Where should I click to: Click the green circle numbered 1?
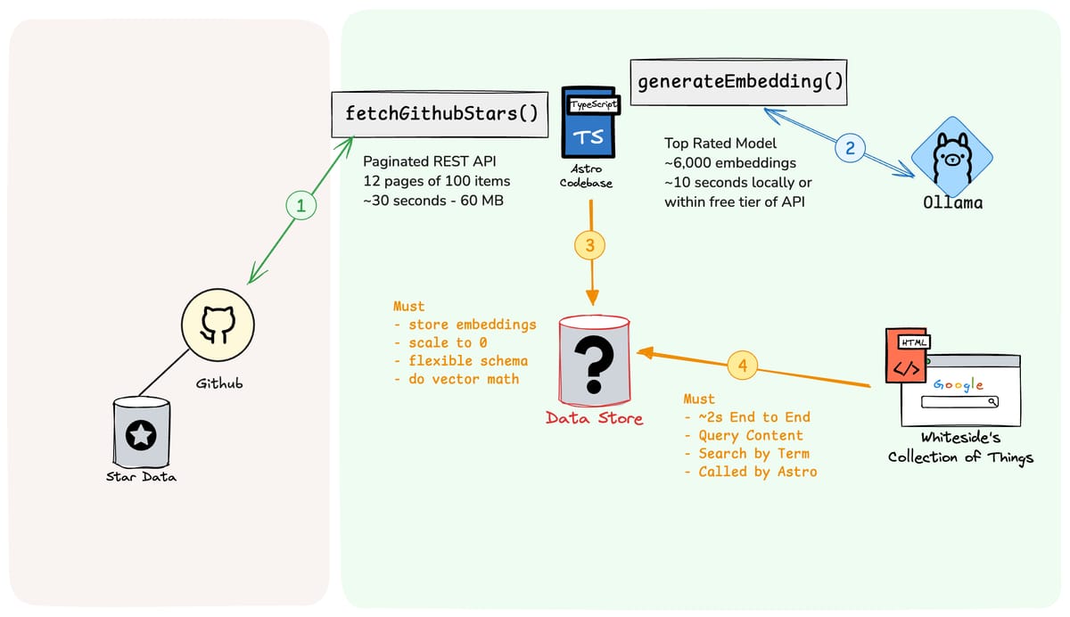[301, 205]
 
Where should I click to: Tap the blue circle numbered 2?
[850, 148]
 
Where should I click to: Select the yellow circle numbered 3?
[590, 245]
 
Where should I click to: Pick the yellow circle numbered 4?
[742, 366]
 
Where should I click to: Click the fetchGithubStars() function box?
[440, 115]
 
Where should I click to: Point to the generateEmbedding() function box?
[738, 82]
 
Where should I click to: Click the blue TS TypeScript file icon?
[590, 122]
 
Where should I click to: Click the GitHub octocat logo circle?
[218, 325]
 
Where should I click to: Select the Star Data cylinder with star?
[142, 432]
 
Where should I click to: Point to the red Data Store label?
[594, 418]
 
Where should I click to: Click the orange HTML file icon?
[907, 355]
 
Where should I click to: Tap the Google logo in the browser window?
[959, 385]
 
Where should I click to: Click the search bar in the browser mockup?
[959, 402]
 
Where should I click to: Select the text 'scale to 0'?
[448, 343]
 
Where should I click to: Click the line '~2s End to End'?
[754, 417]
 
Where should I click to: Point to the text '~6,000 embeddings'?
[730, 163]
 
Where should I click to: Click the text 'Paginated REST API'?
[430, 161]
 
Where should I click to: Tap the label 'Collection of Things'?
[960, 457]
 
